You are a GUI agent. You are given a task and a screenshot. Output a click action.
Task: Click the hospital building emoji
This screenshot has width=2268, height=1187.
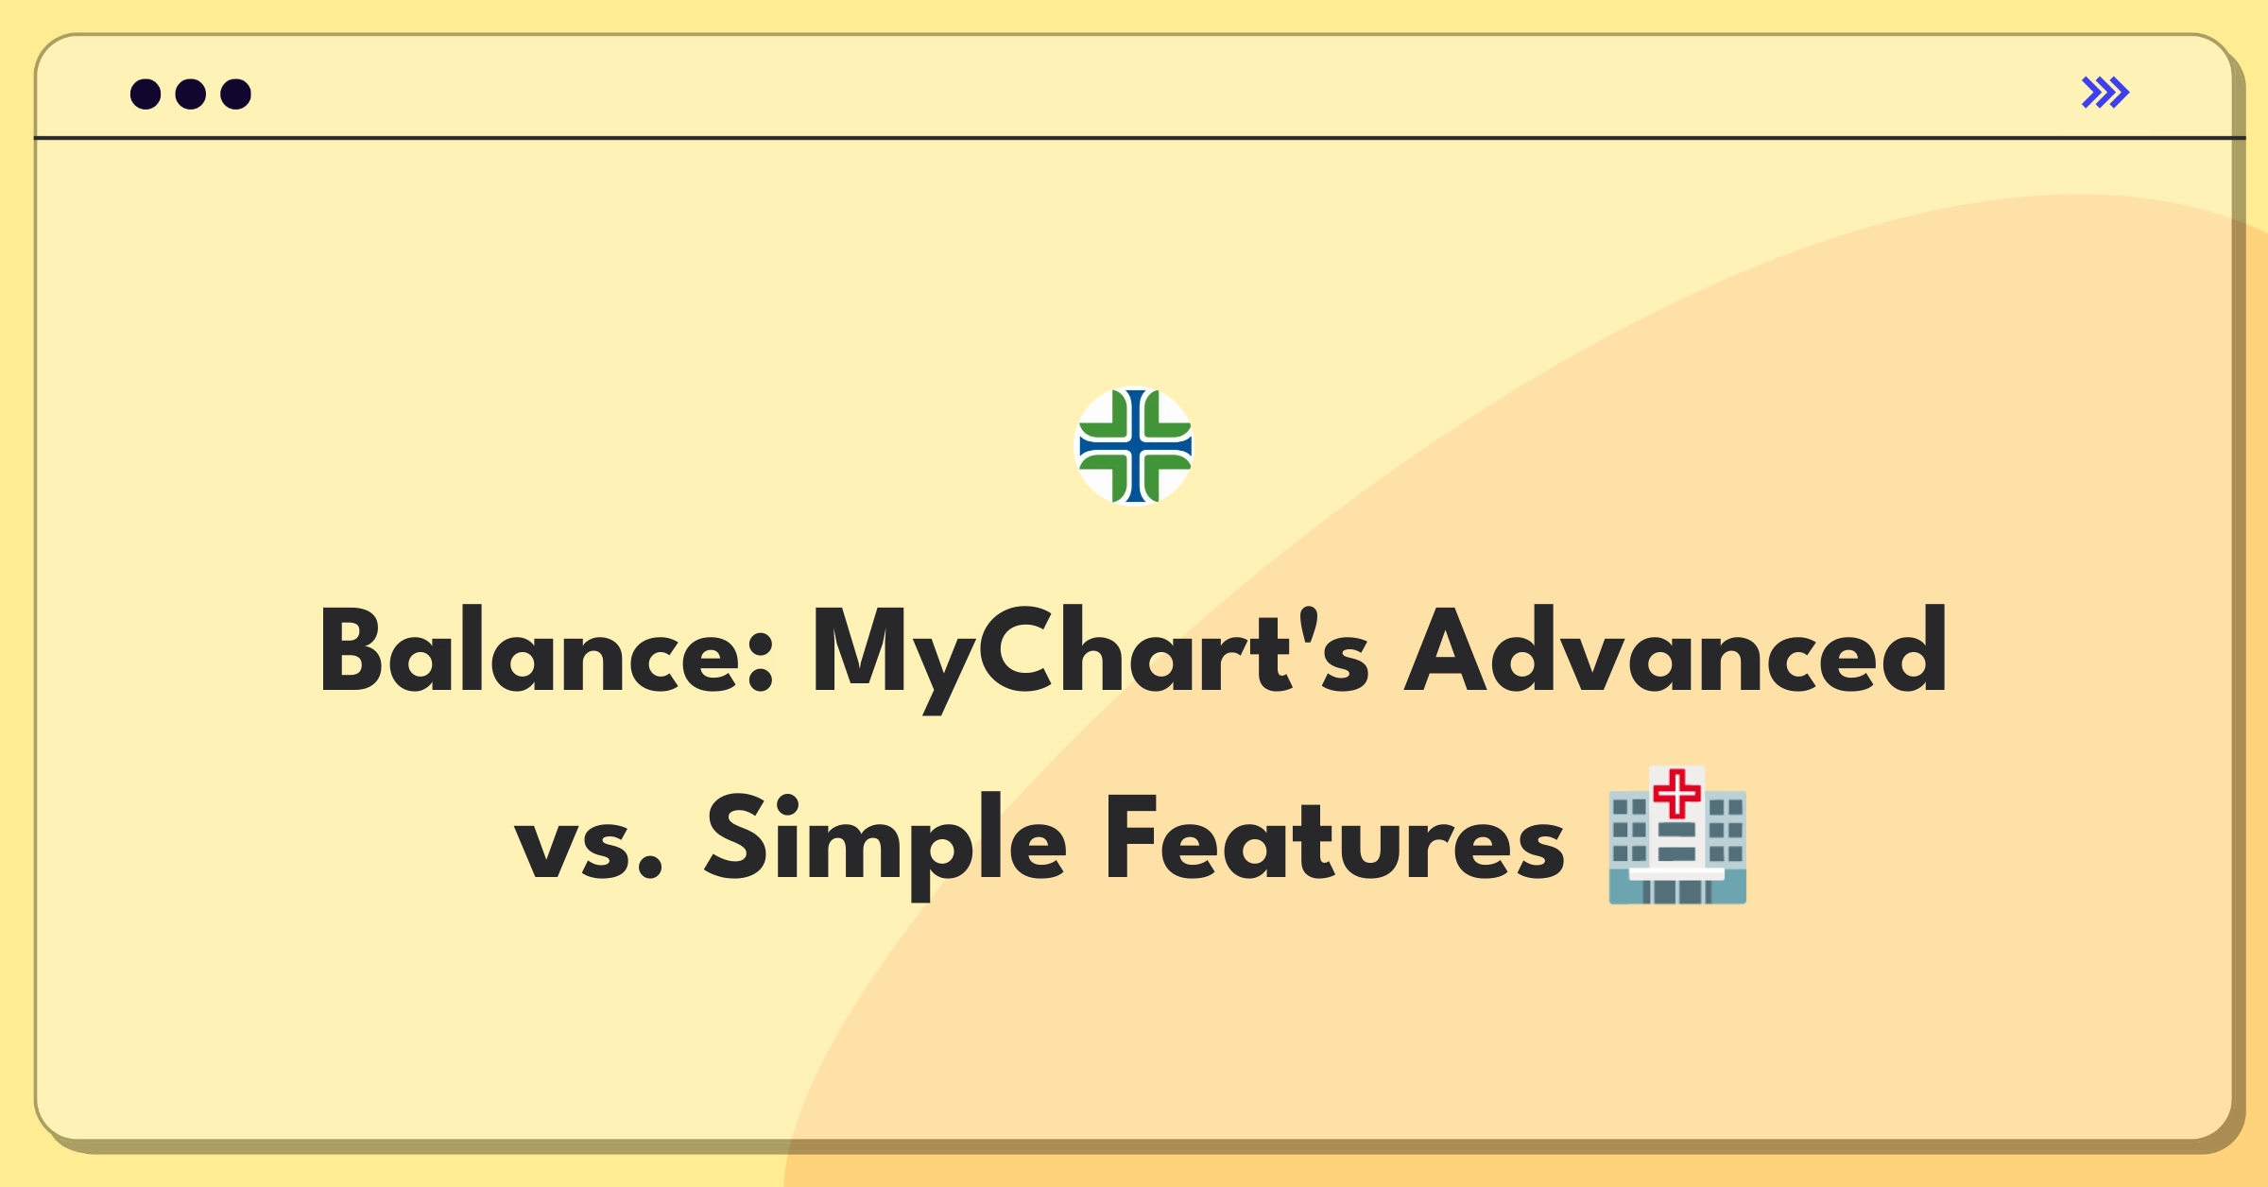[1677, 836]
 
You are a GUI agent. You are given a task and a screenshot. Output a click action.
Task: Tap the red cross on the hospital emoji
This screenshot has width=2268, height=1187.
[1677, 793]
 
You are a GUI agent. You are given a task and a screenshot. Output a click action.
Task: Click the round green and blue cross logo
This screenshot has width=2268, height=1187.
[1135, 446]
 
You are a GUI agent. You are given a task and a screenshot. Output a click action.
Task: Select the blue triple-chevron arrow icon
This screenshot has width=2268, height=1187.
[2105, 93]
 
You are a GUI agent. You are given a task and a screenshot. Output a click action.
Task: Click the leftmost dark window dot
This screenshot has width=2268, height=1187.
[146, 94]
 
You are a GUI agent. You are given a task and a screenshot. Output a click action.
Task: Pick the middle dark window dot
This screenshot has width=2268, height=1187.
[191, 94]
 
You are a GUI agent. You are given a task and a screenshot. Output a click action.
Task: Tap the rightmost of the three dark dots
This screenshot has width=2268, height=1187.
[235, 94]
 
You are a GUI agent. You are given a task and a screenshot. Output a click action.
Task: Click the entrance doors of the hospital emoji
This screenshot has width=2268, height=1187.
[1676, 890]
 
